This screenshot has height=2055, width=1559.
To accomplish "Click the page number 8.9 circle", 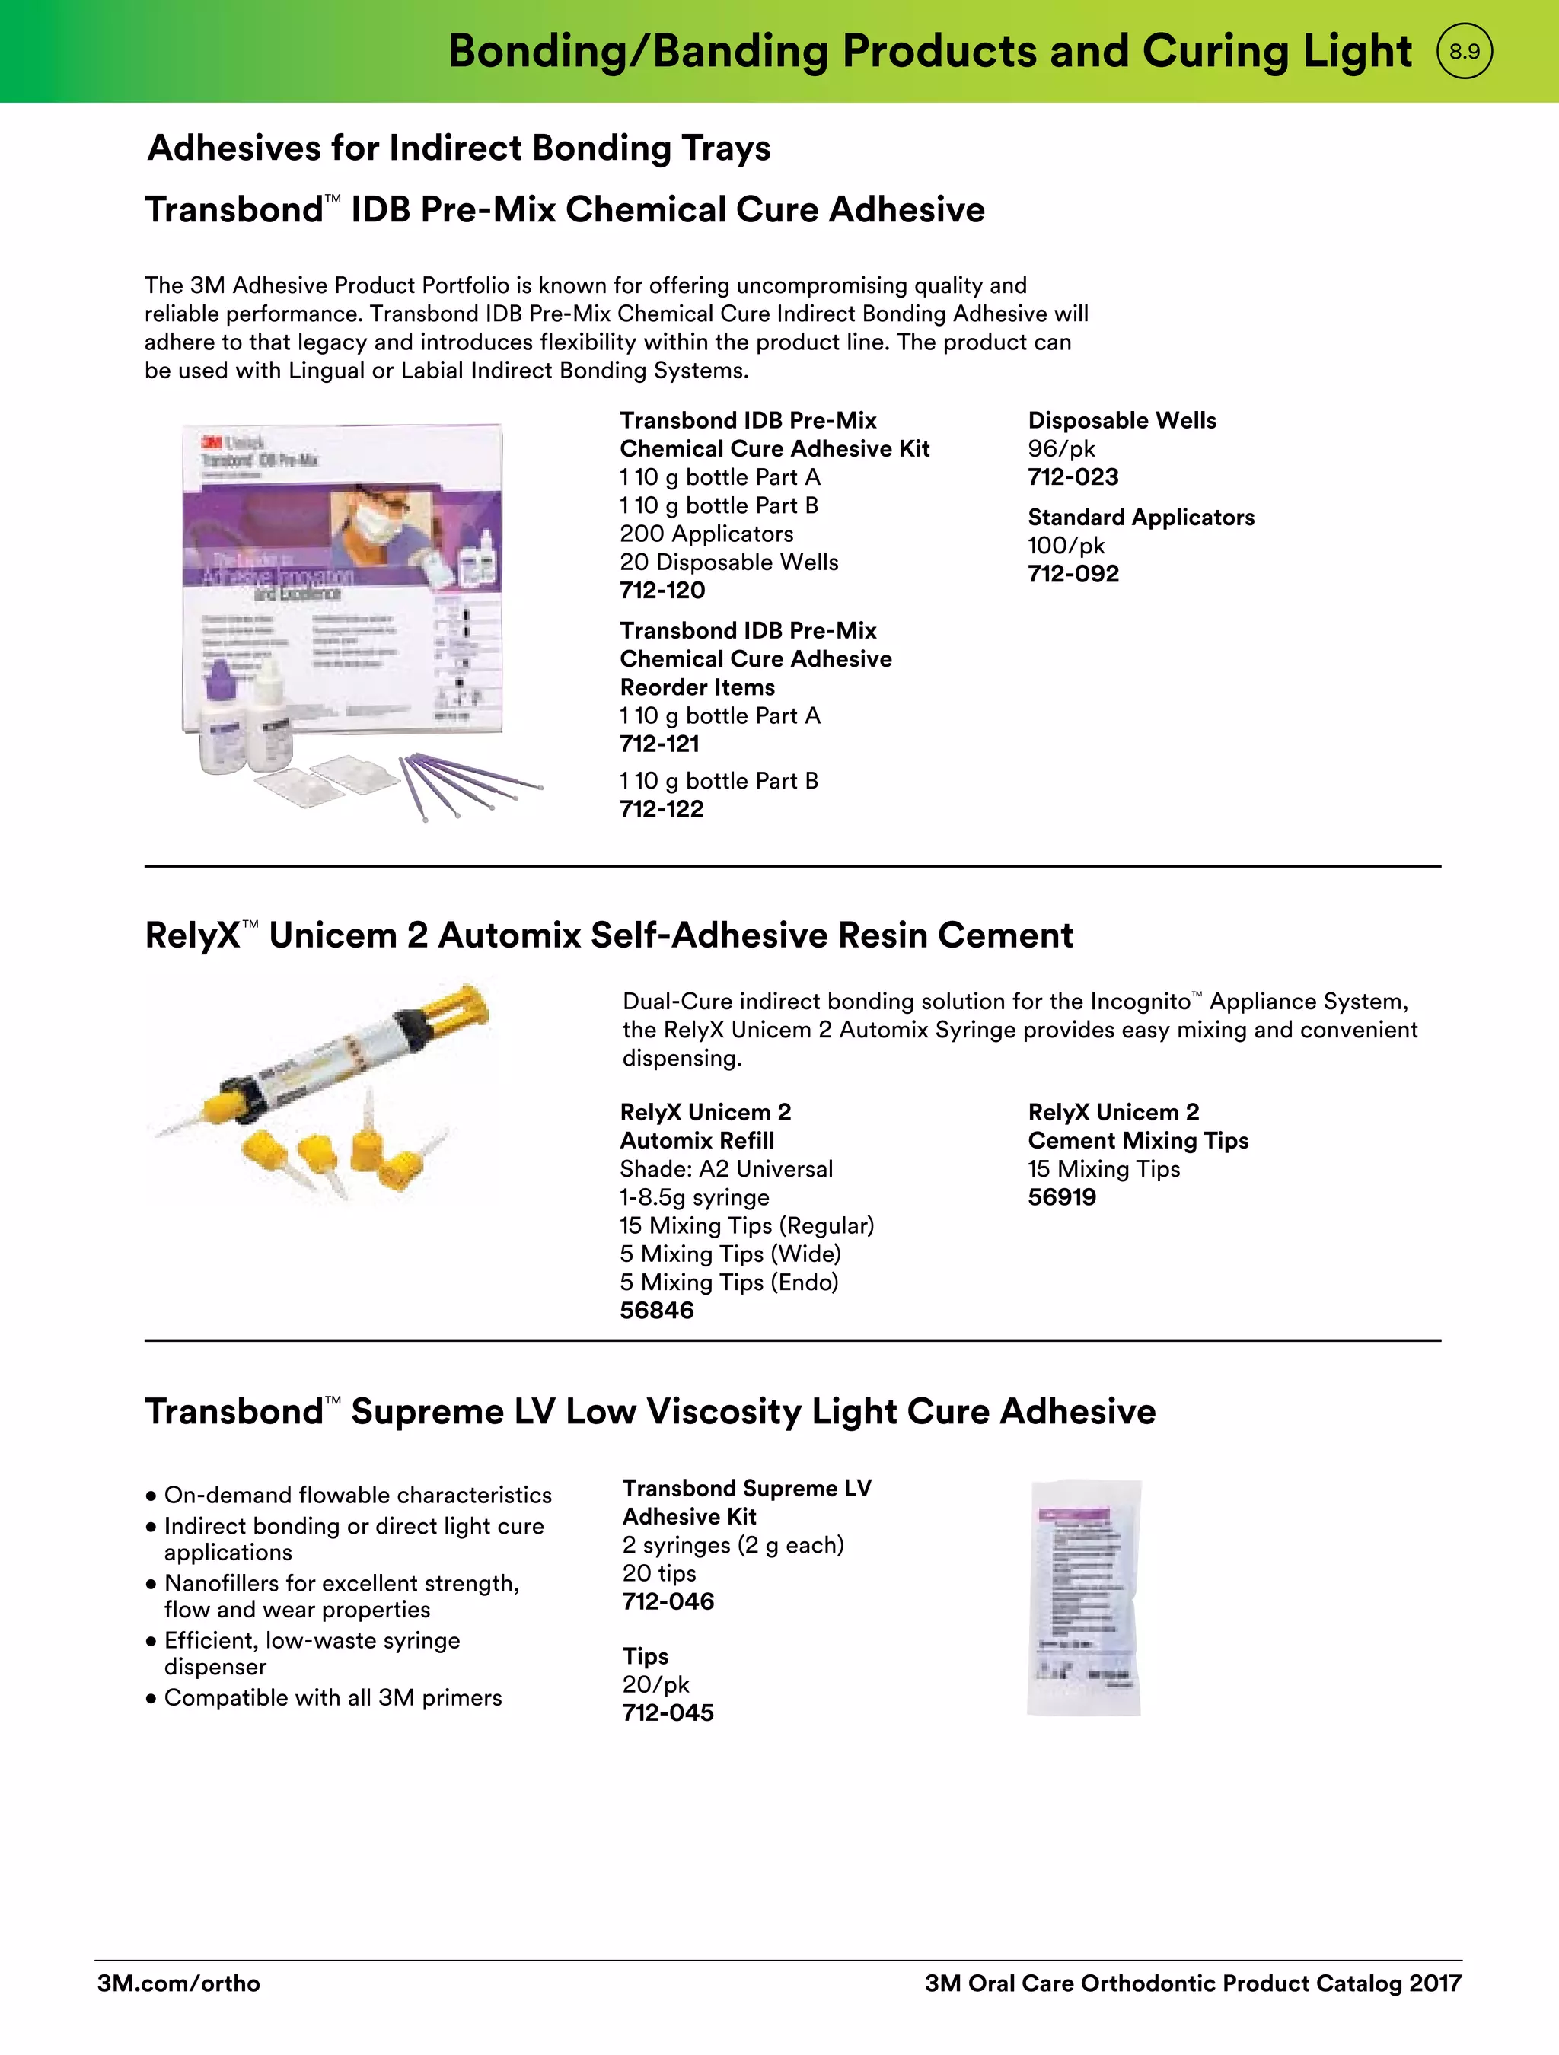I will pos(1465,51).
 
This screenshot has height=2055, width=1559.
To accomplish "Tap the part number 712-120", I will pos(662,590).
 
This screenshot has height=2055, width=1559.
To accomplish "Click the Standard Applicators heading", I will pos(1140,518).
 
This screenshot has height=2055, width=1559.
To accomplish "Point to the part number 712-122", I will pos(662,809).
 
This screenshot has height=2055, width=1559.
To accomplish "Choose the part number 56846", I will pos(656,1310).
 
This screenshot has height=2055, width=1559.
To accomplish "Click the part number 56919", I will pos(1061,1196).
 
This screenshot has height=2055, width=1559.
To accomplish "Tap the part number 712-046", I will pos(668,1601).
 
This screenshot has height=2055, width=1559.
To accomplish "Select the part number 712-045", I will pos(668,1712).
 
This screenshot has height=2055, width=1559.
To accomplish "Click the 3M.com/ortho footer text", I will pos(178,1983).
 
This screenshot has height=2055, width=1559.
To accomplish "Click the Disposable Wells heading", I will pos(1121,420).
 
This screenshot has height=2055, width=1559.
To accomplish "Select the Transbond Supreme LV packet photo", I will pos(1084,1597).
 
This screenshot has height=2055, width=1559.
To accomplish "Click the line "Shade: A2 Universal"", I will pos(725,1169).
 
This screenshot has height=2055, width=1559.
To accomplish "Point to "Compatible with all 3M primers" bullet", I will pos(332,1697).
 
